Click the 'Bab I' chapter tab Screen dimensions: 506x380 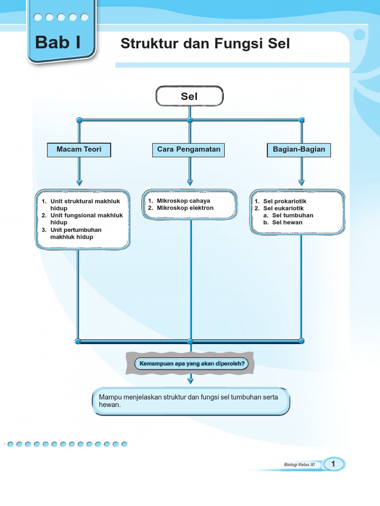click(x=58, y=43)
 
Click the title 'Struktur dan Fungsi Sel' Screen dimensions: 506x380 click(x=205, y=44)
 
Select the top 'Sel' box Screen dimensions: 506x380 click(x=190, y=96)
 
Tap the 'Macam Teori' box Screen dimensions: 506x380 click(x=79, y=149)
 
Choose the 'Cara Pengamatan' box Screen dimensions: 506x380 click(x=189, y=149)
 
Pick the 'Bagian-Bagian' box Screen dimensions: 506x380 click(x=299, y=149)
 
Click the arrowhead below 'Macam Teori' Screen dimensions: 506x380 click(x=79, y=182)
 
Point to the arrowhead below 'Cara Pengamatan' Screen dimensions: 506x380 click(x=190, y=182)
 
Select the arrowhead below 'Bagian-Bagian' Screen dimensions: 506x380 click(x=301, y=182)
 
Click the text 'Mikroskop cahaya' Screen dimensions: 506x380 click(x=183, y=201)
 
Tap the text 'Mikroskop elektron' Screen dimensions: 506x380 click(x=185, y=208)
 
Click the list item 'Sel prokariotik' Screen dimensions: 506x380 click(x=285, y=202)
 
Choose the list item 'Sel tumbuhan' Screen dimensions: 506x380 click(x=292, y=215)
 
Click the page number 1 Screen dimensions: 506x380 click(x=334, y=464)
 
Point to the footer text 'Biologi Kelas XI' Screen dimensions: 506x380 click(x=299, y=464)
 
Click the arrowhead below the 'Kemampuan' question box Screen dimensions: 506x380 click(x=190, y=379)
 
